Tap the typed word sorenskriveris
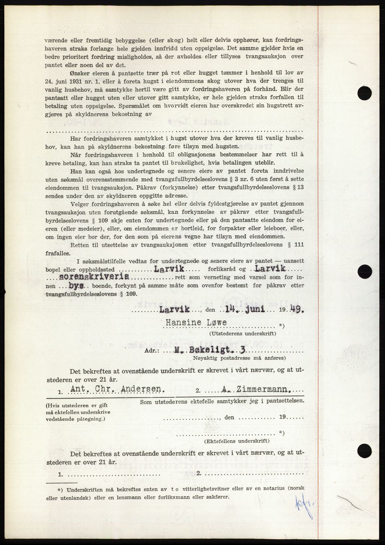pos(94,277)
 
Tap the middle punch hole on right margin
pos(364,272)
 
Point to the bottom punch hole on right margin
pos(364,450)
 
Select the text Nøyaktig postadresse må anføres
pos(239,358)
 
